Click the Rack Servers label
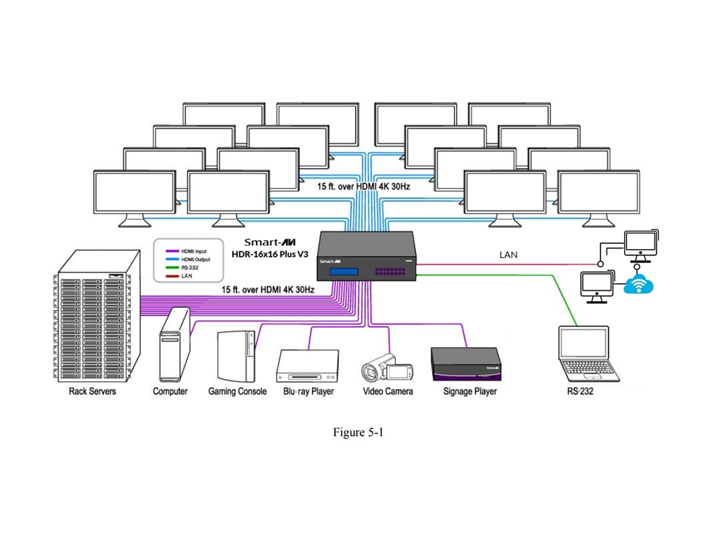92,391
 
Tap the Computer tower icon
173,345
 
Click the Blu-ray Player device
307,366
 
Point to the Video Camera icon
387,365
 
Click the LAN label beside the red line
509,255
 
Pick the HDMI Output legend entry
193,259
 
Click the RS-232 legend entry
187,267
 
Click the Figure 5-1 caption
358,432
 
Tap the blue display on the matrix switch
345,272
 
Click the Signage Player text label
469,391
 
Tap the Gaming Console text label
237,391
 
